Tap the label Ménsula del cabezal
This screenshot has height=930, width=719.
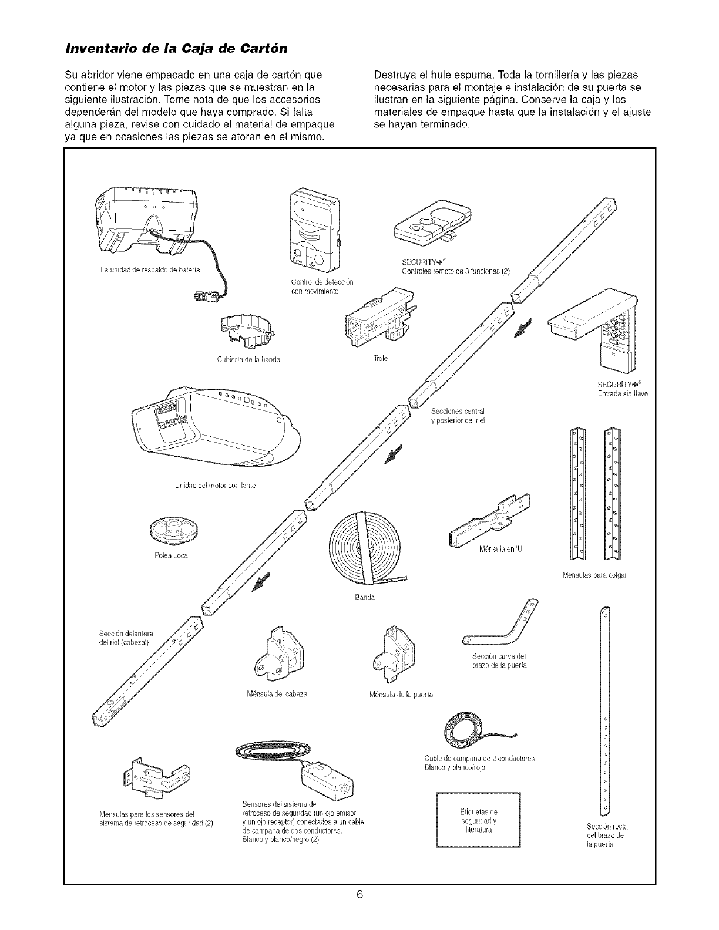pyautogui.click(x=279, y=695)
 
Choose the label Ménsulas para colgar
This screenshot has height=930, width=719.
pyautogui.click(x=594, y=575)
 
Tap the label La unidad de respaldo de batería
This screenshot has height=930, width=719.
pyautogui.click(x=150, y=269)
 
